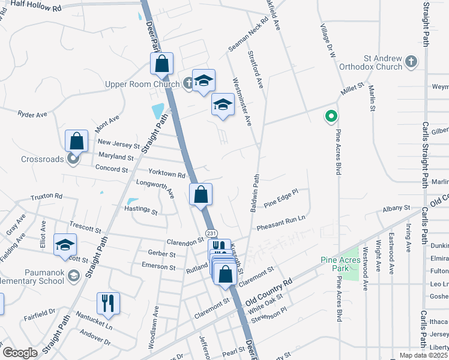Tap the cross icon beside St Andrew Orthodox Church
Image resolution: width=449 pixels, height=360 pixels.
point(411,61)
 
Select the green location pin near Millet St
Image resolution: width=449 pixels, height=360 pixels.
point(330,116)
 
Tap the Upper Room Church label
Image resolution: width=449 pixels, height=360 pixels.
point(142,84)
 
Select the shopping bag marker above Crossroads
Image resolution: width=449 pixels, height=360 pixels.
point(77,141)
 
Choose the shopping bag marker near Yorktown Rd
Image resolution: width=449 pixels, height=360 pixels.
point(201,194)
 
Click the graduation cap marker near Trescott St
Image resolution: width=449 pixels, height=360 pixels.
point(65,245)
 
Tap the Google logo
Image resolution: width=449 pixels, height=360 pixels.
point(20,353)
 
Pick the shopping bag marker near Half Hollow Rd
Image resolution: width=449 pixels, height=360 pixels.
point(162,64)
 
